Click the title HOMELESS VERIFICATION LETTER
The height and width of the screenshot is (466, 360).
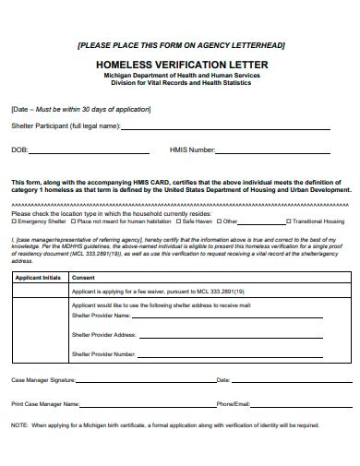point(180,65)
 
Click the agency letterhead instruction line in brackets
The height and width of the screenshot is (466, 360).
point(181,44)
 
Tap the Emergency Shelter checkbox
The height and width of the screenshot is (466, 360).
point(14,222)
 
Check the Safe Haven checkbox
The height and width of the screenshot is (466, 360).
point(178,222)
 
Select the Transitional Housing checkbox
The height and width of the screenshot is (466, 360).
point(289,222)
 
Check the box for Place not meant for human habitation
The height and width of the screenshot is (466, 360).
point(73,222)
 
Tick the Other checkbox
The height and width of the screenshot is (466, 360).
point(218,222)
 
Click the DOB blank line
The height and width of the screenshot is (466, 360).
point(88,151)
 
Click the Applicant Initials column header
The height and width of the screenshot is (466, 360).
point(39,277)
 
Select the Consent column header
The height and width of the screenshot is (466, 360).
point(83,277)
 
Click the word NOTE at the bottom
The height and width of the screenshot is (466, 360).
point(19,425)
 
